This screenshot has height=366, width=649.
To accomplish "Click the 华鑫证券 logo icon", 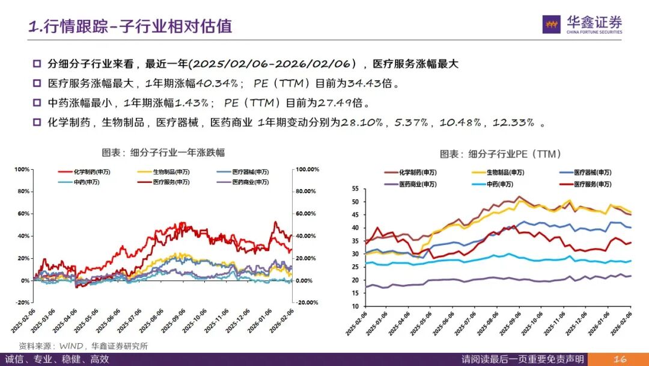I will click(x=552, y=24).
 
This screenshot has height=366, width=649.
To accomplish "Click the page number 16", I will click(x=620, y=359).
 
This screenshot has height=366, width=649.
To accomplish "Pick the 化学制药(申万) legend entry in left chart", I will click(x=87, y=172).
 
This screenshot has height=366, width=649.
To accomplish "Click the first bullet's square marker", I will click(x=37, y=64).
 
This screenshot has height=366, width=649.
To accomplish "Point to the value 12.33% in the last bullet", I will click(x=513, y=122).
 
